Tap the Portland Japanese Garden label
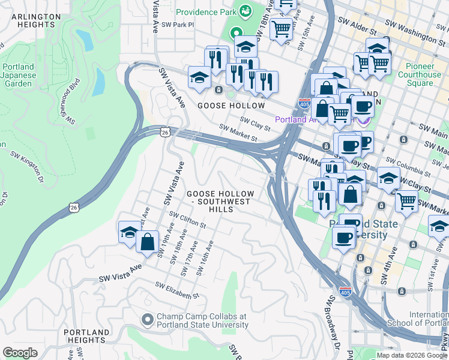17,75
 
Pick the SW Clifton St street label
187,220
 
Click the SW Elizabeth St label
176,290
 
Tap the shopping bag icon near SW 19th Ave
147,242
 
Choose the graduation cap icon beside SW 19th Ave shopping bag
129,233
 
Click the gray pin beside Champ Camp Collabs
148,320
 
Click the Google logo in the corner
20,353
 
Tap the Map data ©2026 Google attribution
411,355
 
